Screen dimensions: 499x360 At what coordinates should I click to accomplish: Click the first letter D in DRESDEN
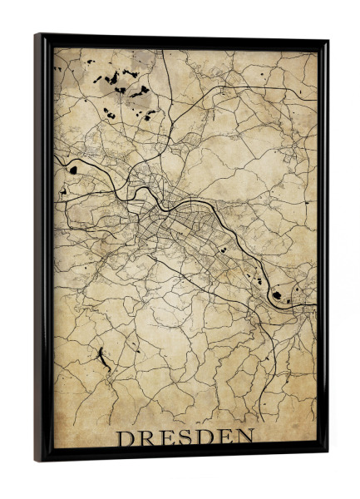tap(124, 437)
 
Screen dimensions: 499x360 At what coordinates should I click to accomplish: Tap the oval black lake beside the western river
tap(73, 170)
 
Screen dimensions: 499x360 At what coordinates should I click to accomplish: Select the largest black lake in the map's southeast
tap(277, 294)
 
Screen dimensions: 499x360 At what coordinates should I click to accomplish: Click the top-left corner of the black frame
tap(37, 35)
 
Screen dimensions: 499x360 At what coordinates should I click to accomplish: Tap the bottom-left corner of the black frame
tap(37, 459)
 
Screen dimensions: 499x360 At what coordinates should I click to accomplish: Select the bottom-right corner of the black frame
tap(325, 453)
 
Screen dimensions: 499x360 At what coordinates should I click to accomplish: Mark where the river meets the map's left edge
tap(55, 156)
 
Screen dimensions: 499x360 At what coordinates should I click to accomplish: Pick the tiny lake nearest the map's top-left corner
tap(61, 62)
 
